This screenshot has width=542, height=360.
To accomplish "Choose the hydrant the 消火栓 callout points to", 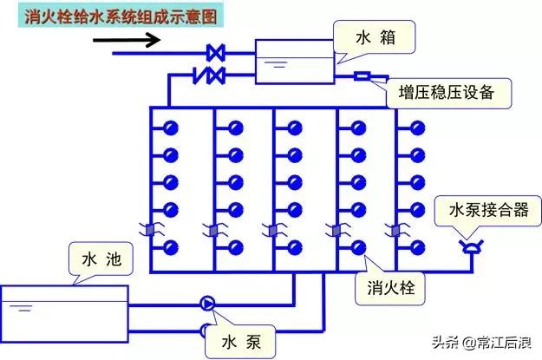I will coord(356,246).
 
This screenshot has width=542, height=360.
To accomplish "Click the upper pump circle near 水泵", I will coord(207,303).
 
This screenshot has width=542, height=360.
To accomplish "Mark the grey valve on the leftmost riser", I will coord(150,231).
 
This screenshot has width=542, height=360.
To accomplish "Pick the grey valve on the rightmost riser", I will coord(395,231).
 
